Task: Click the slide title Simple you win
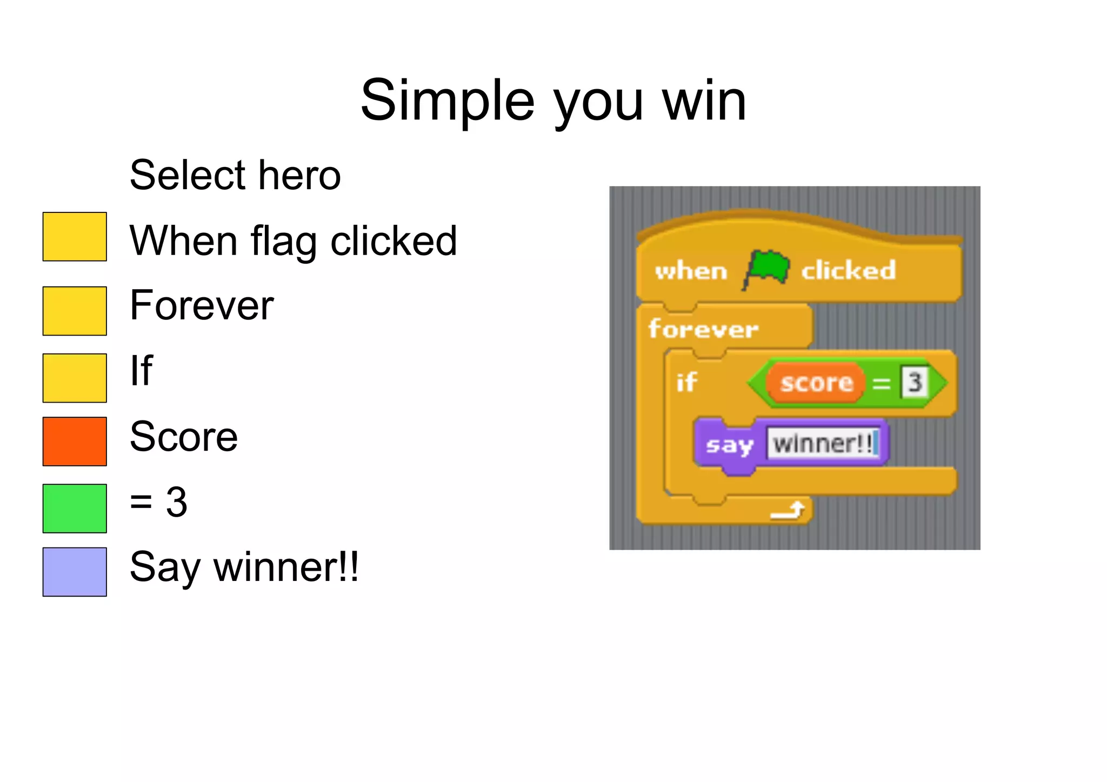click(553, 101)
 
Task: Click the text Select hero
click(235, 175)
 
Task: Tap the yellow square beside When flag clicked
click(75, 237)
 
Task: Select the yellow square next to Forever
click(75, 311)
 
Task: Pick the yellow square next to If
click(75, 378)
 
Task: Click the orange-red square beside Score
click(75, 442)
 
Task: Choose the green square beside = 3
click(75, 509)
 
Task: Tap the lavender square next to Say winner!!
click(75, 572)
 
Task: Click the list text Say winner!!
click(244, 567)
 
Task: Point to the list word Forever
click(202, 305)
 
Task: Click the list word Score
click(184, 437)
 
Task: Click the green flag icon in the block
click(766, 268)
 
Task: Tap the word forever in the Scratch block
click(703, 329)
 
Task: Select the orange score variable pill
click(816, 383)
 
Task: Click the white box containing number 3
click(914, 383)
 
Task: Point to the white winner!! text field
click(823, 444)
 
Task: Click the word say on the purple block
click(729, 445)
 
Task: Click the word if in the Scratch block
click(686, 383)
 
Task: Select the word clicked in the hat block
click(848, 270)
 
